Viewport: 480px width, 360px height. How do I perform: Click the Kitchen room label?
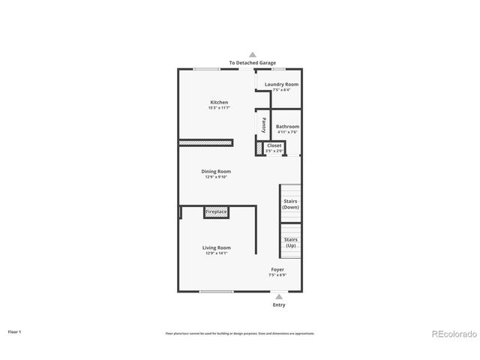coord(219,102)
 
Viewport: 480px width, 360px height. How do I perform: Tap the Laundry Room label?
coord(281,85)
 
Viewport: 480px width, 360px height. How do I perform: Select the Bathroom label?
coord(287,127)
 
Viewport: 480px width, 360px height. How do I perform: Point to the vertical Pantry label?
coord(264,124)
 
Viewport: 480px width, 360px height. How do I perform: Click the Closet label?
coord(274,145)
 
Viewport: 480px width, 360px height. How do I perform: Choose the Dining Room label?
coord(216,171)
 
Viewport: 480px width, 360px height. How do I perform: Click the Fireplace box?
coord(216,212)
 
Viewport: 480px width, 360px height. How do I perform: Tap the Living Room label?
coord(216,247)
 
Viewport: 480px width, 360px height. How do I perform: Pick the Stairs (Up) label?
coord(291,243)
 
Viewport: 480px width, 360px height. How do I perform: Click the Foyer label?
coord(277,269)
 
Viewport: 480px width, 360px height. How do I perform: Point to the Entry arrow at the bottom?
coord(278,297)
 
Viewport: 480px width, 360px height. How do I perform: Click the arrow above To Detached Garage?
coord(253,55)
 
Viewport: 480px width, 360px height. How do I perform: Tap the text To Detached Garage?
coord(253,64)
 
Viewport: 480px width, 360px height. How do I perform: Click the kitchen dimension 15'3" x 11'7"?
coord(219,109)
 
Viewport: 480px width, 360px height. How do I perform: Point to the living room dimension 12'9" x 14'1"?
coord(216,253)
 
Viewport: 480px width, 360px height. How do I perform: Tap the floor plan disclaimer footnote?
coord(240,333)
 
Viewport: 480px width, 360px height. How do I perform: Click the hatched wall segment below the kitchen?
coord(205,142)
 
